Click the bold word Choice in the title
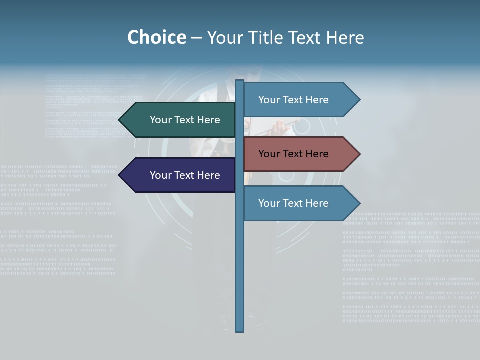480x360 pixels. pos(156,37)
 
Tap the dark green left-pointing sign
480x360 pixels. pos(180,120)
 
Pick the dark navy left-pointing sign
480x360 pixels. pos(180,175)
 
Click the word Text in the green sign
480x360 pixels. pos(185,120)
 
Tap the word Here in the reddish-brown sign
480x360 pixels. pos(316,154)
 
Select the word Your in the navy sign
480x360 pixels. pos(161,175)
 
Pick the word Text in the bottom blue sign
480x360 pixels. pos(293,203)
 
